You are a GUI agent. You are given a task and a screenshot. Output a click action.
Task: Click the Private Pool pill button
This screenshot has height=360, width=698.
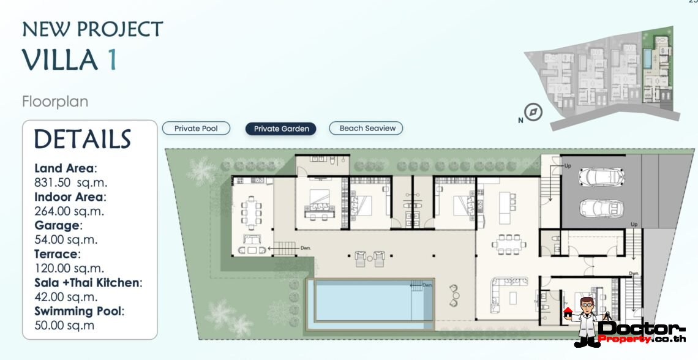tap(196, 129)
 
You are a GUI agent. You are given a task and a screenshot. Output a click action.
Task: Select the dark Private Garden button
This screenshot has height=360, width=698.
tap(281, 129)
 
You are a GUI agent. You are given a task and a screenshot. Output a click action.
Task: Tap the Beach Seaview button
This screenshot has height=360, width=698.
tap(366, 129)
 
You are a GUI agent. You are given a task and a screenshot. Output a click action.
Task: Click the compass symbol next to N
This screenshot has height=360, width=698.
tap(534, 113)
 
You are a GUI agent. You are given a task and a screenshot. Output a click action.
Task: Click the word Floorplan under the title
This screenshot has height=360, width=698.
tap(55, 101)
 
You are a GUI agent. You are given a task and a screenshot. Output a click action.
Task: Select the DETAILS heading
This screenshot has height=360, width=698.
tap(83, 140)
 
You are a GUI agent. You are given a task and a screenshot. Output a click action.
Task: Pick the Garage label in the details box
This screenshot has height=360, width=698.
tap(56, 225)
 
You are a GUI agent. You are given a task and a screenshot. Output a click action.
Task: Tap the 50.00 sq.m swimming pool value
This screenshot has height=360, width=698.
tap(64, 325)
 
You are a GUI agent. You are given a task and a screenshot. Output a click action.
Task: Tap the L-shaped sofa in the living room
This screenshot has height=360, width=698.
tap(500, 291)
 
